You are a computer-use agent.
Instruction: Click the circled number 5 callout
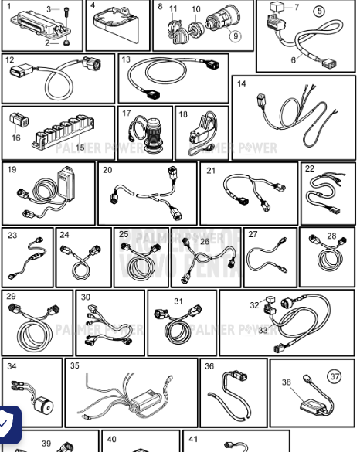point(319,12)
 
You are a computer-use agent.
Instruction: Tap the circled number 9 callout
point(235,36)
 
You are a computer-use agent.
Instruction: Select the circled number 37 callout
point(335,376)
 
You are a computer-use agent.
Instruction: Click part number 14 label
point(242,83)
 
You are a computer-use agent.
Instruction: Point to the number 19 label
point(12,170)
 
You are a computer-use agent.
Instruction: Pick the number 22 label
point(310,168)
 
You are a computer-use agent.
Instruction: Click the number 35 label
point(74,365)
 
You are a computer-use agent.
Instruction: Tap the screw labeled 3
point(67,10)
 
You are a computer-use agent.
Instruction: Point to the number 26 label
point(204,242)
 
